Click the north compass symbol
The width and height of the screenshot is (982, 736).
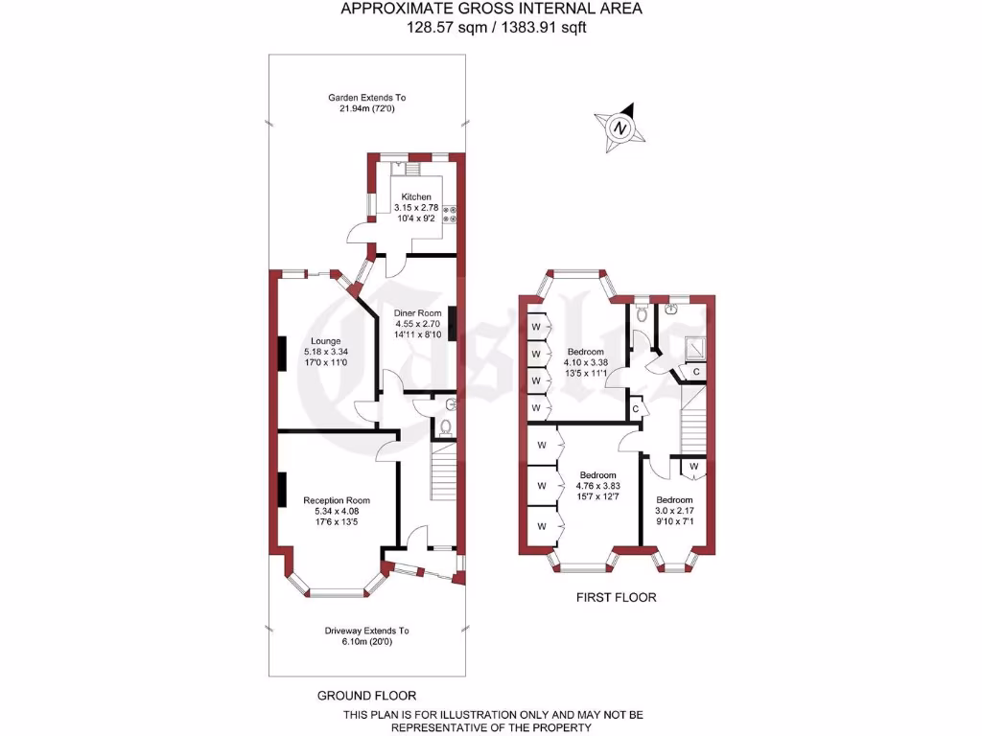coord(620,127)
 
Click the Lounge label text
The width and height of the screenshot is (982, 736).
coord(326,340)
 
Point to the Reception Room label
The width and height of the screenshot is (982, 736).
coord(337,500)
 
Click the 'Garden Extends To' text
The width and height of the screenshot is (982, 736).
coord(367,98)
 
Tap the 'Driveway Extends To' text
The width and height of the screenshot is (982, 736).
coord(366,631)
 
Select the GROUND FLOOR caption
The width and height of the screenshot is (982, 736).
coord(366,696)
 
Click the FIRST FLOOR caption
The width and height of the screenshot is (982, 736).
coord(616,597)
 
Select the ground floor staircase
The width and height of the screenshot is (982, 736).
coord(443,470)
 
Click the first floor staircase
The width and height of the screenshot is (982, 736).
coord(692,422)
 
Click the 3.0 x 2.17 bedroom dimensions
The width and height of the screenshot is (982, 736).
coord(674,513)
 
